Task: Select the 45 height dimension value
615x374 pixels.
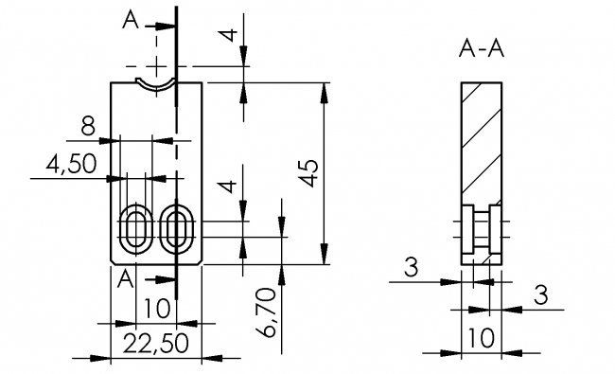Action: point(308,174)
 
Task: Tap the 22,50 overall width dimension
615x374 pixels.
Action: point(156,343)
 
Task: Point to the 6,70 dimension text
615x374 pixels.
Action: point(268,313)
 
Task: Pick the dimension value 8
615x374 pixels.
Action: point(88,125)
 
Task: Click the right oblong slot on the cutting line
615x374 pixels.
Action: point(175,228)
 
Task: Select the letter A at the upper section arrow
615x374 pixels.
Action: point(132,20)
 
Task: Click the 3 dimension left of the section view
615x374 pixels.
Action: point(410,267)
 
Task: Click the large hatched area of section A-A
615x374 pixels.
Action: point(481,142)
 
